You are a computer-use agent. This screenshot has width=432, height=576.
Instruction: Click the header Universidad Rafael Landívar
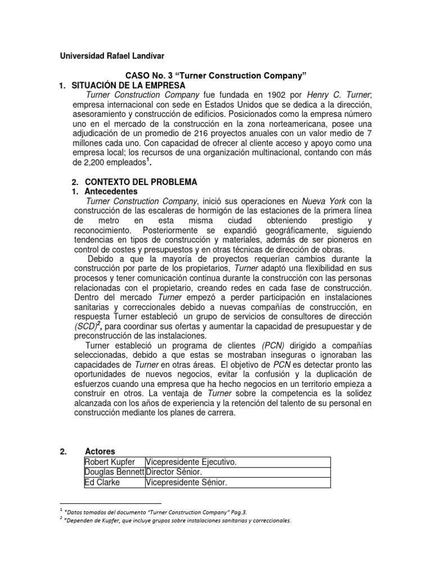(112, 56)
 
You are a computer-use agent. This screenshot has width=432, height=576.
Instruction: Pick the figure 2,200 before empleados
(86, 162)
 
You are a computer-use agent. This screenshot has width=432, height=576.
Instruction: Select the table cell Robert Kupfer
(109, 462)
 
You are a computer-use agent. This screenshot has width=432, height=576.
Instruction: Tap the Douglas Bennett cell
(115, 472)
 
